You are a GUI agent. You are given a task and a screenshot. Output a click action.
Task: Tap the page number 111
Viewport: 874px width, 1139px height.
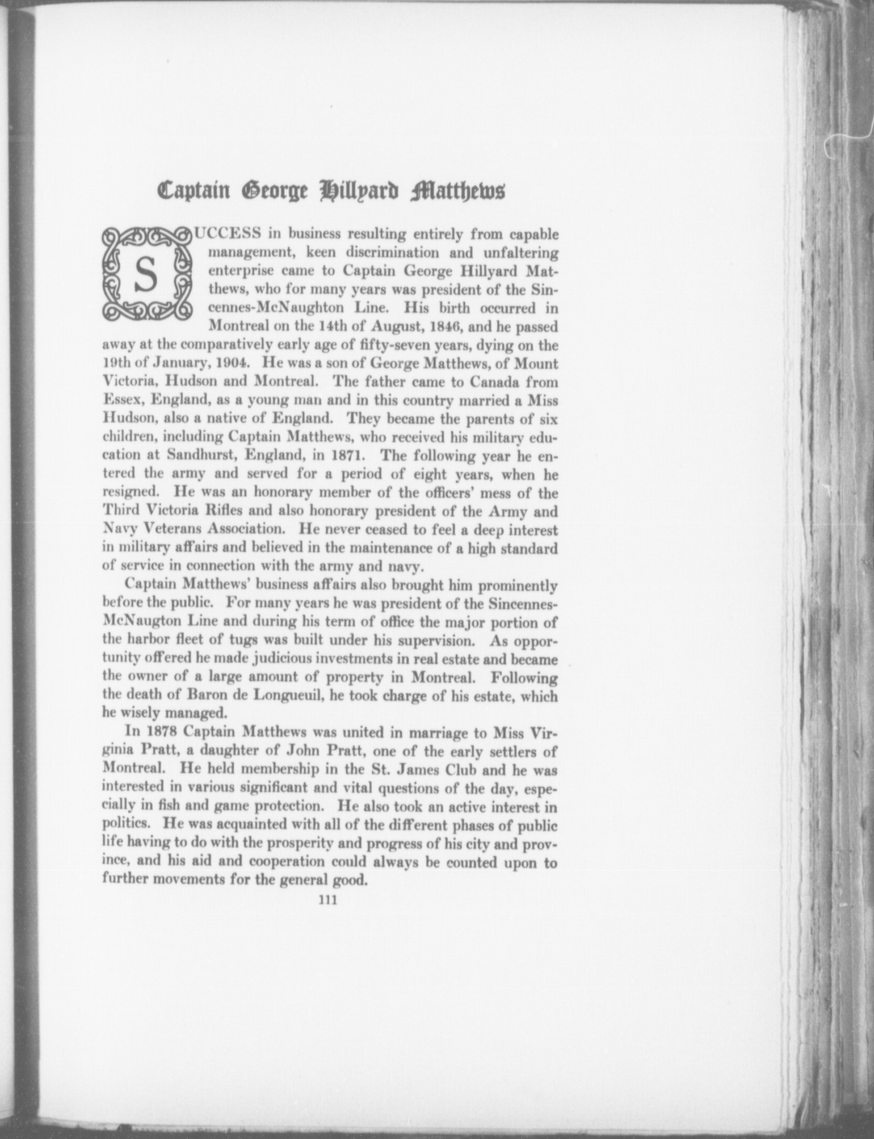tap(328, 900)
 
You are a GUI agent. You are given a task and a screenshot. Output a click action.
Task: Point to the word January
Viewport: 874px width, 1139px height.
tap(167, 363)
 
